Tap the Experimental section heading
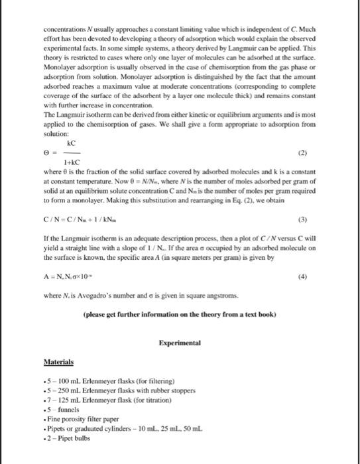[180, 343]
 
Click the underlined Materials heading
[58, 363]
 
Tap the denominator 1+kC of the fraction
[72, 162]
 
